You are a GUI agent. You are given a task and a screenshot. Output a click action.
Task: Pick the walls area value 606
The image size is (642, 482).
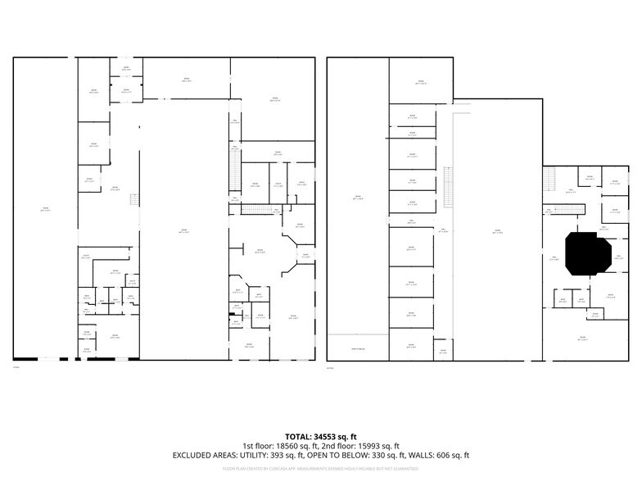click(440, 455)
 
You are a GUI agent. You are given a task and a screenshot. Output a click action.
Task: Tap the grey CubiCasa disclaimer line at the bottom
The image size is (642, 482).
click(320, 469)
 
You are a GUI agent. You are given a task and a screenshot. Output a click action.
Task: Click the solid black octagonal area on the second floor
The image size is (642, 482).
click(586, 252)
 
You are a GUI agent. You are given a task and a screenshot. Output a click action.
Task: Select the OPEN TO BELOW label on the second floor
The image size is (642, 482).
click(358, 348)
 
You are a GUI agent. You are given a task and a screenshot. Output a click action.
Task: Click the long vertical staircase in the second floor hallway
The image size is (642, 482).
click(448, 187)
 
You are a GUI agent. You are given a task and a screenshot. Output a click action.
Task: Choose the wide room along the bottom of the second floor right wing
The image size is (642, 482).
click(583, 339)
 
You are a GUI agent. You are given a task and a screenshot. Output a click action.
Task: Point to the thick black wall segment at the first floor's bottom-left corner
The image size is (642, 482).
click(25, 358)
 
